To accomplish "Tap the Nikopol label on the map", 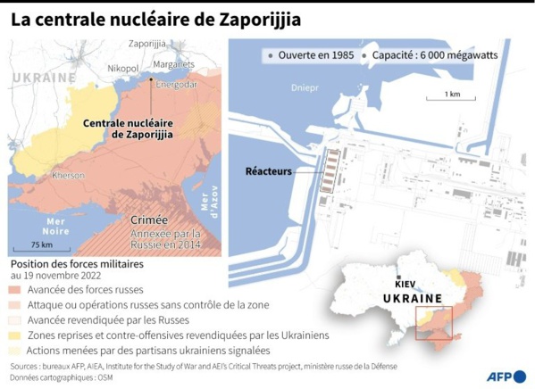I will click(x=123, y=68).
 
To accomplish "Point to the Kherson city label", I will click(x=68, y=176).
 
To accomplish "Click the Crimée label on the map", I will click(x=148, y=219).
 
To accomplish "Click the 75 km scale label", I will click(x=40, y=244).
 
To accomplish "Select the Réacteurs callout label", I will click(x=269, y=171).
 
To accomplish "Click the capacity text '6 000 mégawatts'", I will click(x=460, y=55).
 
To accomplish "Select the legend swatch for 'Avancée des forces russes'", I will click(x=17, y=289).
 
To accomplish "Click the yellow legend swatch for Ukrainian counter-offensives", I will click(x=17, y=335).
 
